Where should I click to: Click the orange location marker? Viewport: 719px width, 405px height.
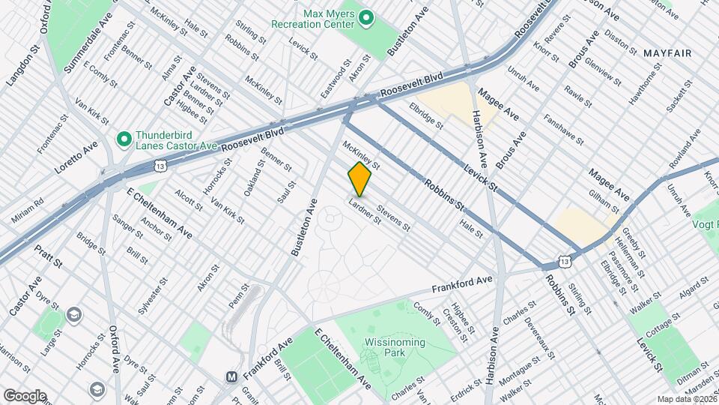coord(359,179)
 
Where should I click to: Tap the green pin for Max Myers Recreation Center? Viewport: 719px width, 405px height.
coord(366,17)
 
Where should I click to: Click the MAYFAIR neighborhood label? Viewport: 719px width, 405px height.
coord(667,52)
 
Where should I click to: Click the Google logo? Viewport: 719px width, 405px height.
coord(25,396)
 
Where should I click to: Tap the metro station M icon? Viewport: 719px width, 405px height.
coord(232,376)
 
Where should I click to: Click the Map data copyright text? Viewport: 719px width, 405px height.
coord(685,398)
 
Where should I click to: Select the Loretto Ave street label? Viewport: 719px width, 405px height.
coord(76,158)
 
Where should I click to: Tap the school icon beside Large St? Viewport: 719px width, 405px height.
coord(73,314)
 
